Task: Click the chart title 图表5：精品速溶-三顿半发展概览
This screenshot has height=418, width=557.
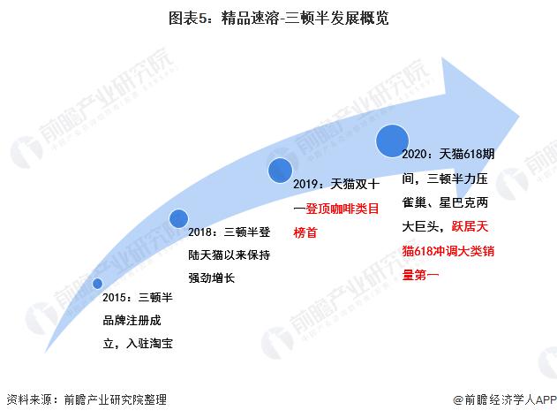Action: pyautogui.click(x=278, y=17)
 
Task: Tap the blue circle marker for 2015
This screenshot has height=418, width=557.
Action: pyautogui.click(x=98, y=283)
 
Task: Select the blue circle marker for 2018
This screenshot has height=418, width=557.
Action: pyautogui.click(x=178, y=217)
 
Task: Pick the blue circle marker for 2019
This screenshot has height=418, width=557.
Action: pyautogui.click(x=280, y=170)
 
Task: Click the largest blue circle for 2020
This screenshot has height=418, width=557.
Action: pyautogui.click(x=392, y=140)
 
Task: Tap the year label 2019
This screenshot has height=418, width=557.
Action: pyautogui.click(x=309, y=186)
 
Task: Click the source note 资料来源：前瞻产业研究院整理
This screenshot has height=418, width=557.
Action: pyautogui.click(x=86, y=399)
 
